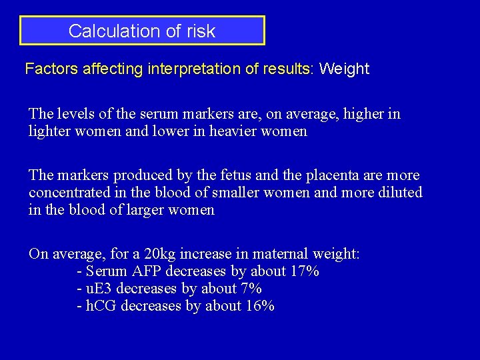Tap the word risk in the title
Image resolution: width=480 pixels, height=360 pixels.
pyautogui.click(x=201, y=31)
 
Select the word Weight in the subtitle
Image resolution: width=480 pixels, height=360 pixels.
pyautogui.click(x=344, y=69)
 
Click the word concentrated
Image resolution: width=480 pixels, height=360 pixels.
pyautogui.click(x=68, y=193)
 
